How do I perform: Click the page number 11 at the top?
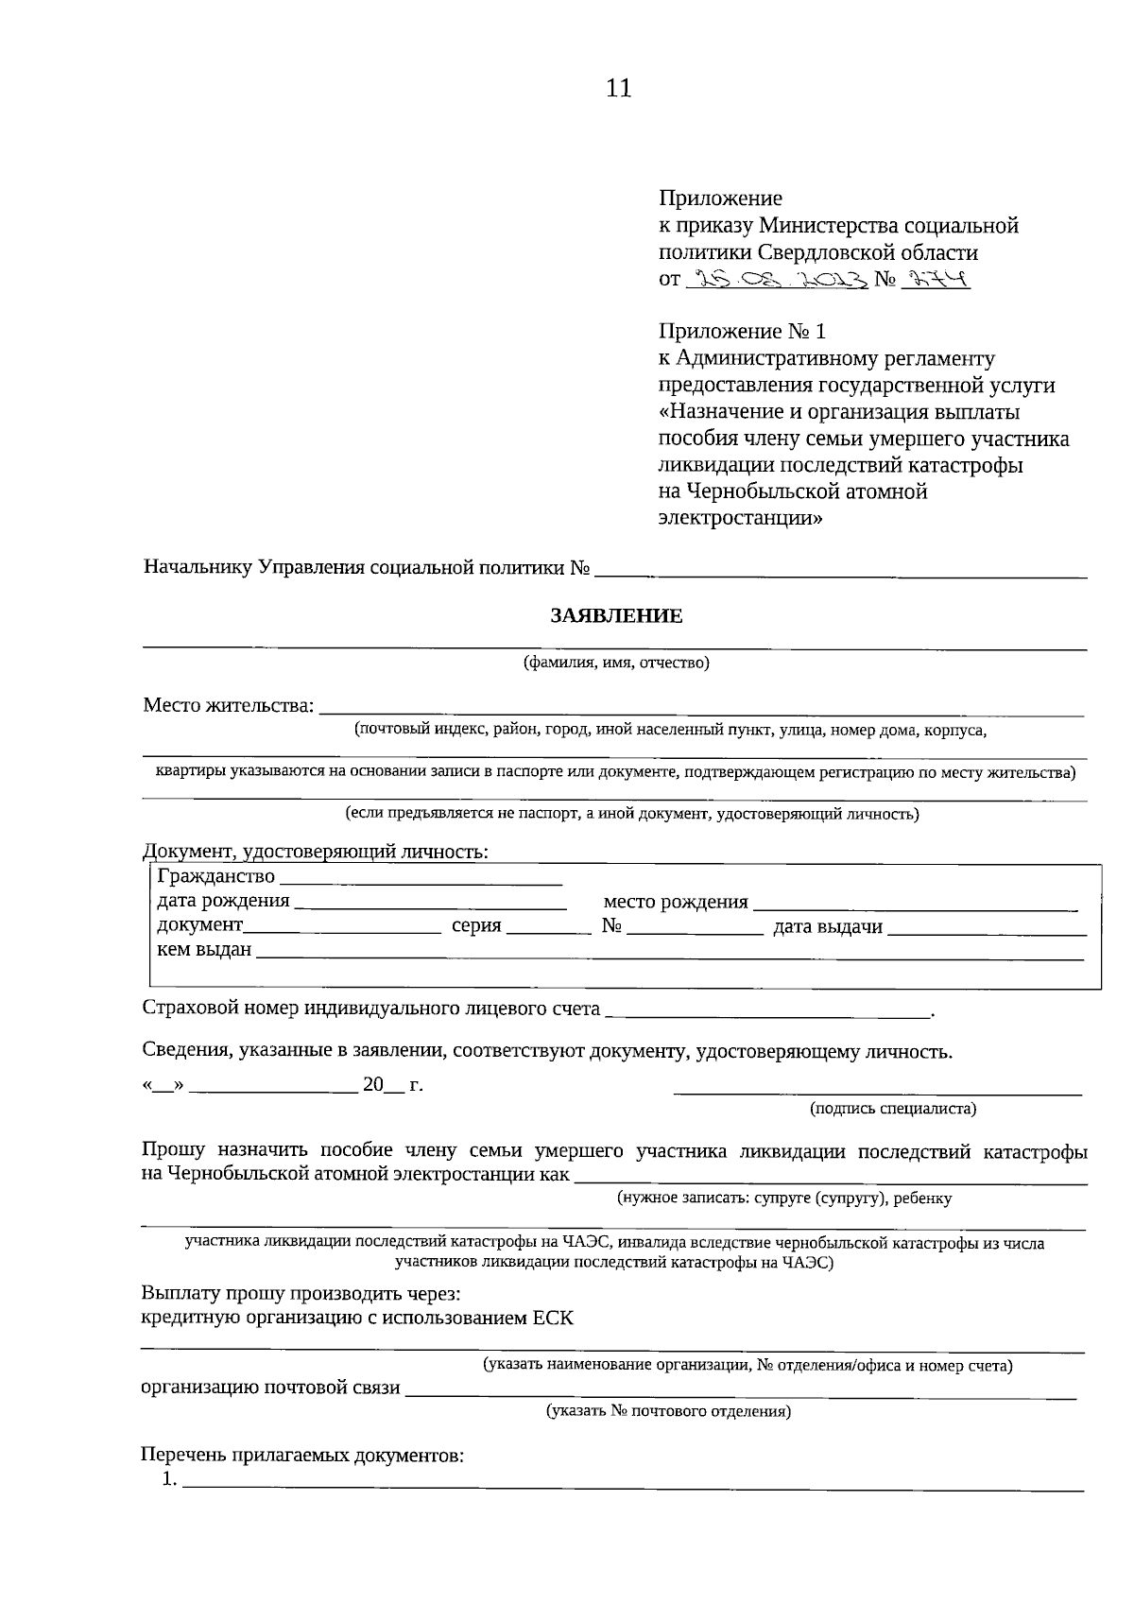[x=618, y=89]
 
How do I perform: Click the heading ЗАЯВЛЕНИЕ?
[x=616, y=617]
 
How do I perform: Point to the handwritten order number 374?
[x=936, y=279]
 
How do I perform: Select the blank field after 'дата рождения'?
[x=431, y=904]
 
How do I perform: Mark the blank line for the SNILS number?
[x=767, y=1012]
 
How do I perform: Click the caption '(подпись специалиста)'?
[x=893, y=1109]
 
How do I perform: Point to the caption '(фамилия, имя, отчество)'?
[x=616, y=663]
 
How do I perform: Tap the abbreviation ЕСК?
[x=553, y=1318]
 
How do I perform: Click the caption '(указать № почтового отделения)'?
[x=668, y=1412]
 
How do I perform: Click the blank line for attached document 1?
[x=633, y=1484]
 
